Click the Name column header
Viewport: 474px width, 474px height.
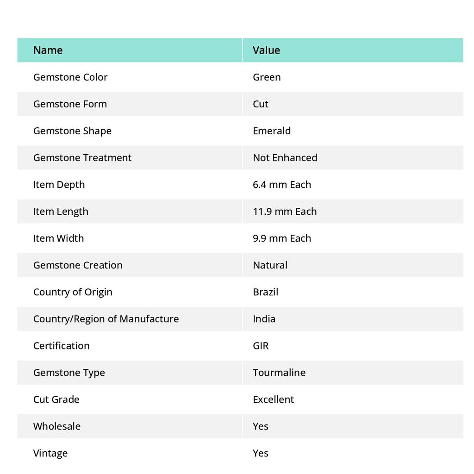coord(48,50)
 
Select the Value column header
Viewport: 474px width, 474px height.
coord(266,50)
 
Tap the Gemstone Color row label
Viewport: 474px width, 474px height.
coord(70,77)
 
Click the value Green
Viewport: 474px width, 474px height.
coord(267,77)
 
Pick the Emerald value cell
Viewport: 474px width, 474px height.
coord(272,131)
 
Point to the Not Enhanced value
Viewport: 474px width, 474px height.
coord(285,157)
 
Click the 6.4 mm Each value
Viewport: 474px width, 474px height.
coord(282,184)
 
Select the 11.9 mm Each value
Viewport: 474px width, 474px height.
coord(285,211)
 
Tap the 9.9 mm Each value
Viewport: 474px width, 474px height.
coord(282,238)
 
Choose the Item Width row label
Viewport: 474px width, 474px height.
coord(58,238)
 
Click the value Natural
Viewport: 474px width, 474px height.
coord(270,265)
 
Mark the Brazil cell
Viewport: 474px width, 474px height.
coord(265,292)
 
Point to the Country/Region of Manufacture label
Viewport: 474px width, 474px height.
coord(106,318)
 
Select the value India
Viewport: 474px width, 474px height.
coord(264,318)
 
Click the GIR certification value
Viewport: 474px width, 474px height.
coord(261,345)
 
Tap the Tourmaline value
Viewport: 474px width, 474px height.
coord(279,372)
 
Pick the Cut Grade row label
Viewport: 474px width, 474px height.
coord(56,399)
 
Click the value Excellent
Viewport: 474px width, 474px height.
coord(273,399)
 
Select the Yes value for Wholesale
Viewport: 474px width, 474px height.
coord(261,426)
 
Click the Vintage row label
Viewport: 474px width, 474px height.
coord(50,453)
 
